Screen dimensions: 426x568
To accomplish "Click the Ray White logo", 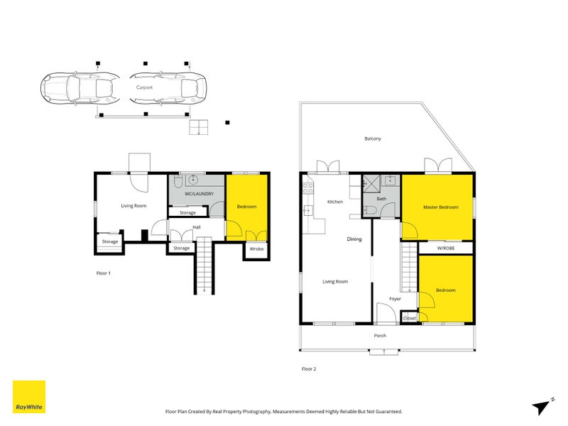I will pos(29,397).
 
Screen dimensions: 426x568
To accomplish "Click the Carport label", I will pos(144,87).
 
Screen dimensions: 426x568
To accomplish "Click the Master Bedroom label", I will pos(440,207).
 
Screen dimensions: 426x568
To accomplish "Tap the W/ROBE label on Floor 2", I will pos(446,248).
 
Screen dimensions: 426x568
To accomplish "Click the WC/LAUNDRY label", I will pos(196,194).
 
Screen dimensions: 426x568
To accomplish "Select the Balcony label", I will pos(373,138).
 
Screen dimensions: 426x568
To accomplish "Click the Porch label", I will pos(380,335).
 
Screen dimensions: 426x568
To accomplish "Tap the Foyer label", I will pos(395,299).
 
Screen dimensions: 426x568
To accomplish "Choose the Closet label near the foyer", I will pos(410,318).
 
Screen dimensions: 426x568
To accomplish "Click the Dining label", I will pos(354,239).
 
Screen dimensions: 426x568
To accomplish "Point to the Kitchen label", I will pos(334,202).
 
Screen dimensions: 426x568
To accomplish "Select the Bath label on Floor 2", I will pos(381,200).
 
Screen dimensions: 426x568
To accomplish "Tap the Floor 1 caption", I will pos(103,273).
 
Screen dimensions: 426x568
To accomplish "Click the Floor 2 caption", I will pos(309,369).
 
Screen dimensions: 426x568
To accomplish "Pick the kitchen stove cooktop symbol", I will pos(308,189).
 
